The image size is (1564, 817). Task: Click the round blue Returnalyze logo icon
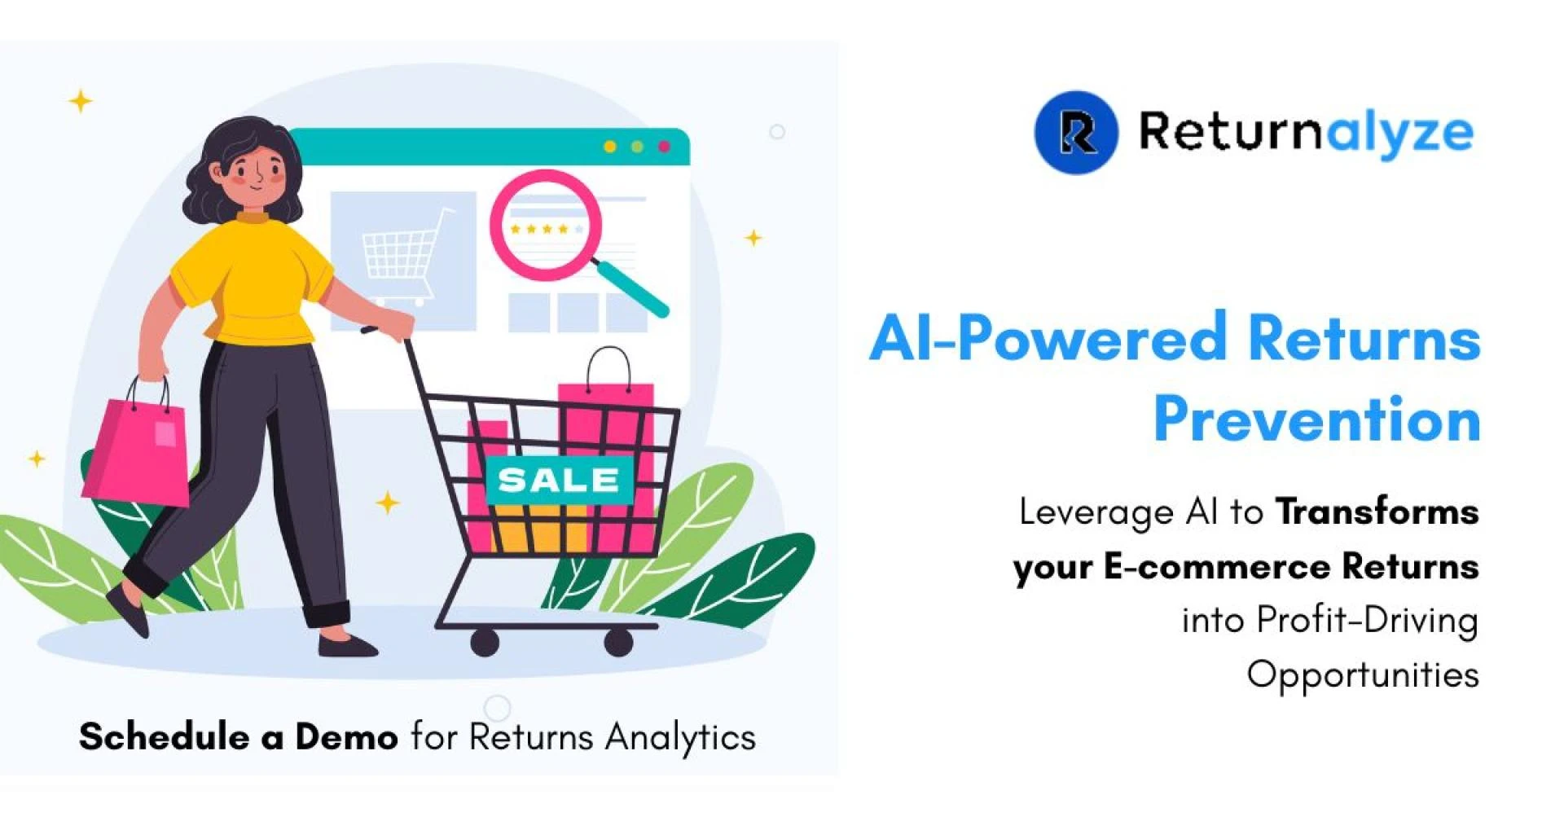pyautogui.click(x=1076, y=132)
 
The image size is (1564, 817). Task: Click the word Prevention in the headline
pyautogui.click(x=1316, y=419)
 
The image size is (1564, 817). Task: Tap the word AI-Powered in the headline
pyautogui.click(x=1048, y=338)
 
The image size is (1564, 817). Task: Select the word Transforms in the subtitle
pyautogui.click(x=1377, y=512)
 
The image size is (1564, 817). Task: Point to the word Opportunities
pyautogui.click(x=1362, y=675)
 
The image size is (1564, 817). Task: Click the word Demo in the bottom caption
pyautogui.click(x=346, y=737)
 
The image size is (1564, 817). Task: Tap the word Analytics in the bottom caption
pyautogui.click(x=680, y=738)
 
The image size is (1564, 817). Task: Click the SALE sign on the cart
pyautogui.click(x=559, y=481)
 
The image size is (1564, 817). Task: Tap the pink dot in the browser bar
pyautogui.click(x=664, y=147)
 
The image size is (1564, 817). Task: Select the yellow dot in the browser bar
pyautogui.click(x=609, y=147)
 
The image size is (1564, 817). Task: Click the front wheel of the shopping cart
pyautogui.click(x=485, y=643)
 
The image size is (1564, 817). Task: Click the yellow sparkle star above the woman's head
pyautogui.click(x=80, y=102)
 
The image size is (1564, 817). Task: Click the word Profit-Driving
pyautogui.click(x=1367, y=621)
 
